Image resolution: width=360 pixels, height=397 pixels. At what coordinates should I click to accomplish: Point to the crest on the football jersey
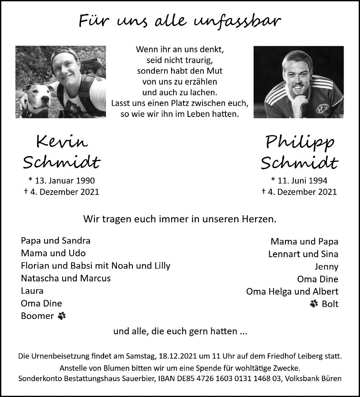[x=323, y=109]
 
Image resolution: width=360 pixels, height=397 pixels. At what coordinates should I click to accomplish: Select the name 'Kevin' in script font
[x=62, y=142]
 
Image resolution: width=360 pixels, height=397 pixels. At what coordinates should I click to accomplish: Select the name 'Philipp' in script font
[x=300, y=142]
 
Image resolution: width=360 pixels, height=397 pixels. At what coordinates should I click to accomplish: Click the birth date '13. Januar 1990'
[x=64, y=180]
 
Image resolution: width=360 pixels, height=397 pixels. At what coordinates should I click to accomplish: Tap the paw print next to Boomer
[x=61, y=316]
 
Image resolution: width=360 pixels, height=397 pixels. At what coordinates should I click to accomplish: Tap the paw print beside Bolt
[x=314, y=303]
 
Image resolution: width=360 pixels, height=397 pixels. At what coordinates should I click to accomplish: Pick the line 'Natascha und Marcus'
[x=66, y=278]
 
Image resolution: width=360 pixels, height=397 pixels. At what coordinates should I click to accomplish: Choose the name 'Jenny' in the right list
[x=326, y=266]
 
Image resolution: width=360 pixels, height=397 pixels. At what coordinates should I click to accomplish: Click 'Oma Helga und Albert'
[x=292, y=291]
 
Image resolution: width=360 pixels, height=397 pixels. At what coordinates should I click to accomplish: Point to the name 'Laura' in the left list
[x=32, y=291]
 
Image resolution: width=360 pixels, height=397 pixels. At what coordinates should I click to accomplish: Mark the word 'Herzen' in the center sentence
[x=260, y=218]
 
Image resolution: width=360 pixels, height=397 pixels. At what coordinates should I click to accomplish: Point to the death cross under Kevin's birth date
[x=26, y=191]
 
